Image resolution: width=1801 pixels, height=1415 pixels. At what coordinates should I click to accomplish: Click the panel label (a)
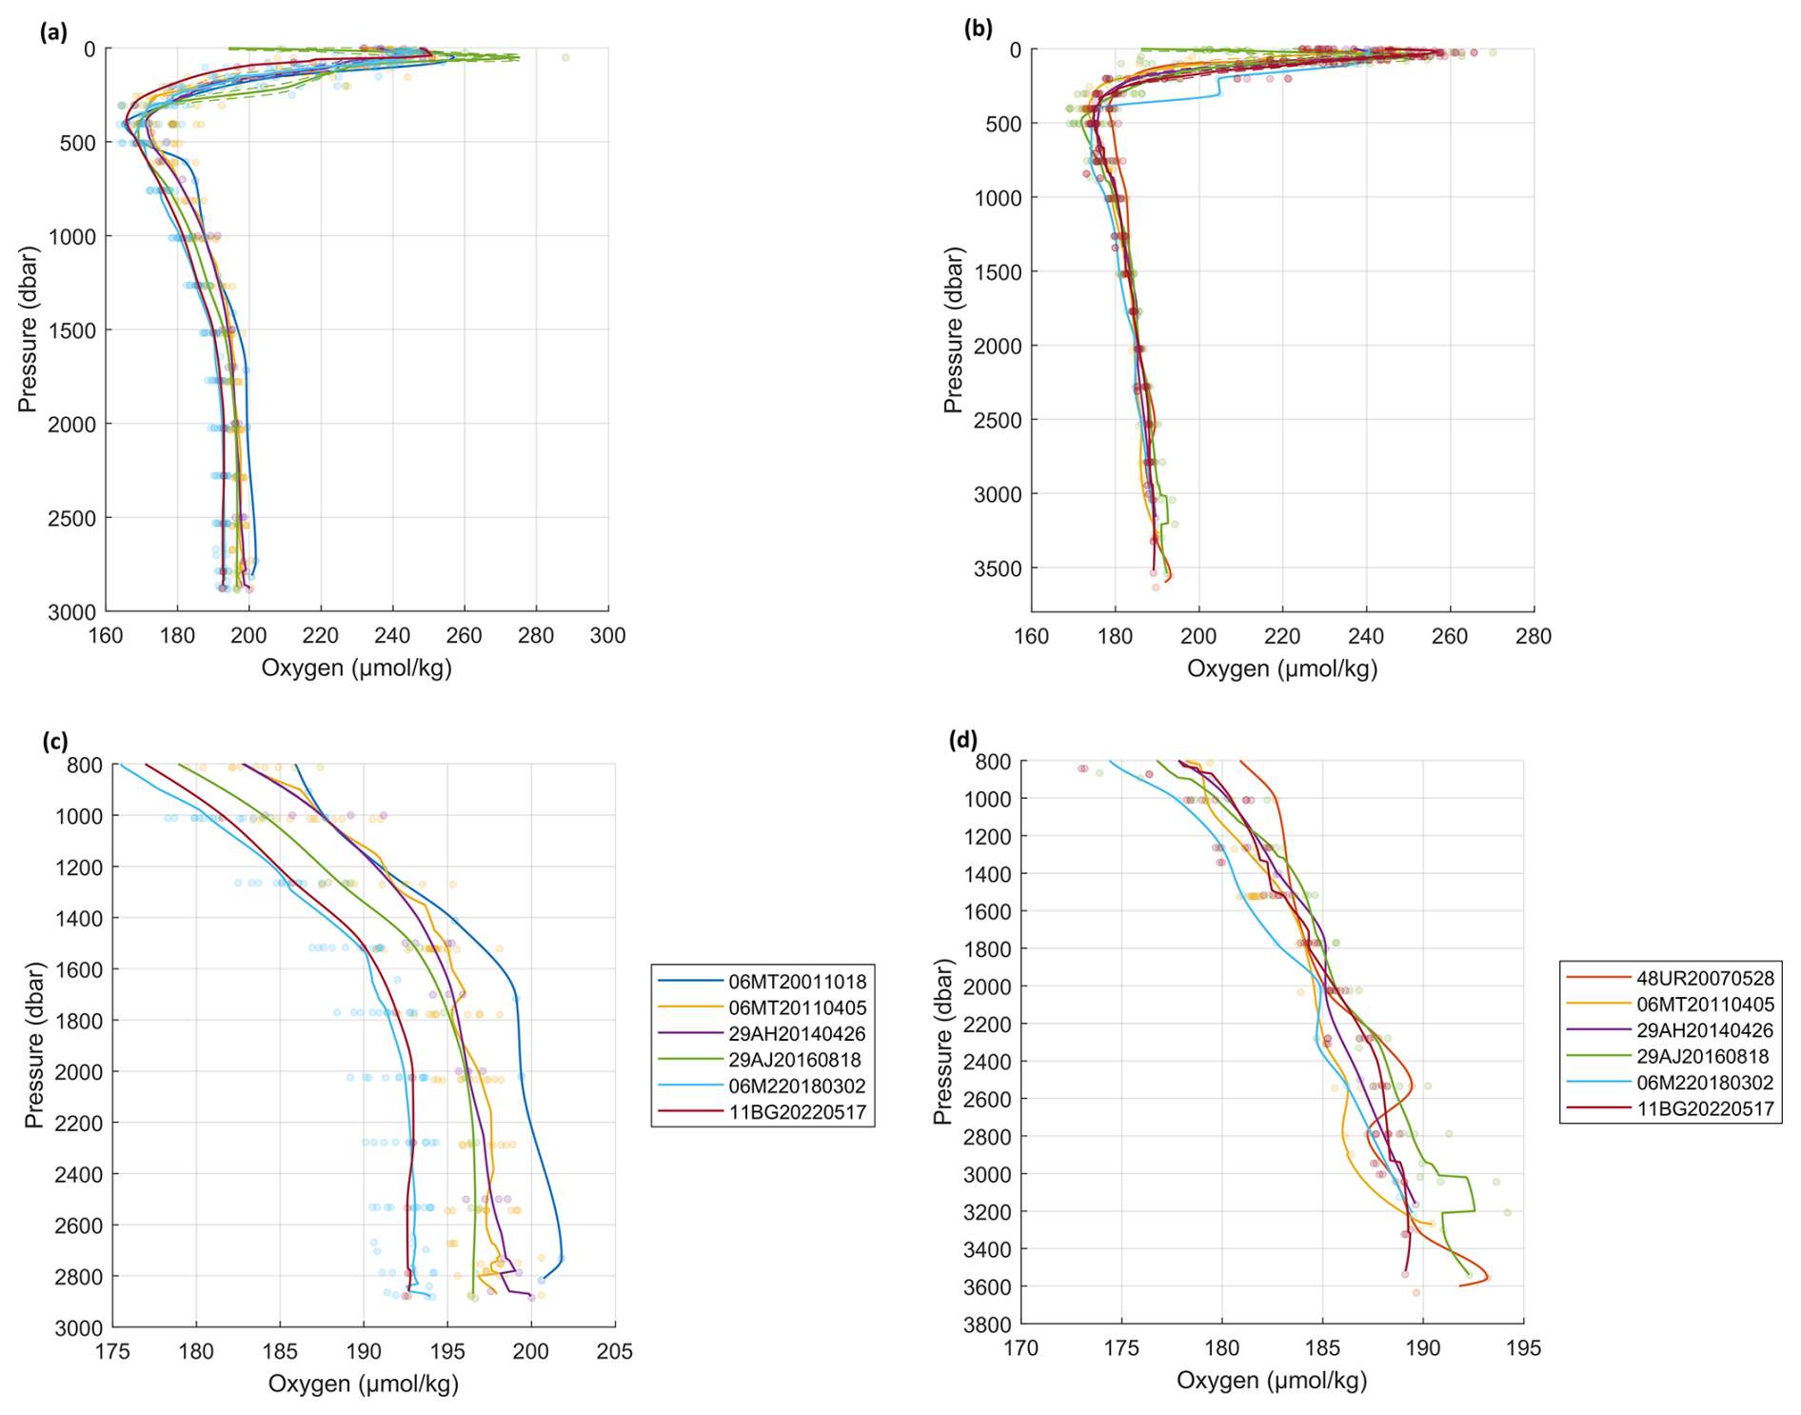pyautogui.click(x=53, y=32)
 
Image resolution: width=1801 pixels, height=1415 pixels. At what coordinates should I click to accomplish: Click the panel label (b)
pyautogui.click(x=978, y=29)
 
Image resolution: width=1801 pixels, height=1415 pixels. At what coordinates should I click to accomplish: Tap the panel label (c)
pyautogui.click(x=54, y=742)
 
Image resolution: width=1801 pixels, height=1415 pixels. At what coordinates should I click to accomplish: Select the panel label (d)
pyautogui.click(x=963, y=739)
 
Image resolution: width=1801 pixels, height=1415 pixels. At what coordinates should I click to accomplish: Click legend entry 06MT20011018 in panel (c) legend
pyautogui.click(x=797, y=982)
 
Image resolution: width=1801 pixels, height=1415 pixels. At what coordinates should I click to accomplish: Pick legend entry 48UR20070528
pyautogui.click(x=1705, y=978)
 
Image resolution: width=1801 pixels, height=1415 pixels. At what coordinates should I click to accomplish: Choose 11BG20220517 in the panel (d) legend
pyautogui.click(x=1705, y=1108)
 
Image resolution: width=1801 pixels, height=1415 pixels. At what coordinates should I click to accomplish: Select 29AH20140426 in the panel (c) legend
pyautogui.click(x=797, y=1034)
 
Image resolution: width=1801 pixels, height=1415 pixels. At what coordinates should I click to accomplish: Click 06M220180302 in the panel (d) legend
pyautogui.click(x=1705, y=1083)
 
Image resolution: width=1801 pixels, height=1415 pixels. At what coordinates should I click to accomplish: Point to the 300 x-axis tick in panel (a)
pyautogui.click(x=608, y=636)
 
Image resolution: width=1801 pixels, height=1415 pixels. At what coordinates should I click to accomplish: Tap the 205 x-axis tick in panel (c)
pyautogui.click(x=614, y=1351)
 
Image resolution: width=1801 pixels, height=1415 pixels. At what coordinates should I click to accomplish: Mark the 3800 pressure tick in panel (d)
pyautogui.click(x=986, y=1325)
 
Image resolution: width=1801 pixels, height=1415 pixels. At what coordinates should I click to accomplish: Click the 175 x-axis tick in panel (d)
pyautogui.click(x=1121, y=1348)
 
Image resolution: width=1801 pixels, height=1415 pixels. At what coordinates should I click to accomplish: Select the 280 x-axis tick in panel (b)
pyautogui.click(x=1533, y=636)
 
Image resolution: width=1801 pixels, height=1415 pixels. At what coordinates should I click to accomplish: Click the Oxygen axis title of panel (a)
pyautogui.click(x=356, y=668)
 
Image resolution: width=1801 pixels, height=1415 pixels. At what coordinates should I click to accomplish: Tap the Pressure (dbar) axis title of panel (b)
pyautogui.click(x=953, y=330)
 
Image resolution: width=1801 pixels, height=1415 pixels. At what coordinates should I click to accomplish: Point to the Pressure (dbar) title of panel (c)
pyautogui.click(x=34, y=1046)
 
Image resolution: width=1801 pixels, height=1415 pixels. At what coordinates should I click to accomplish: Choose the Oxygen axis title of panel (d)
pyautogui.click(x=1272, y=1381)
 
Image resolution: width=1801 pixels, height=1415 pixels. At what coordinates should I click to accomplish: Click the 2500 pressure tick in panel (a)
pyautogui.click(x=71, y=519)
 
